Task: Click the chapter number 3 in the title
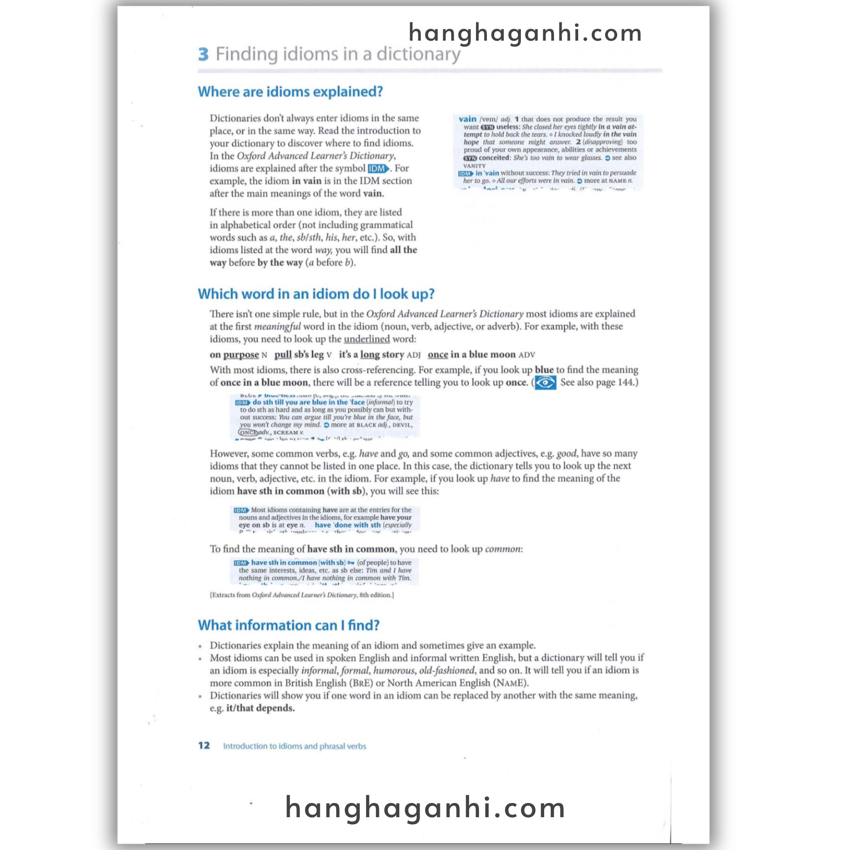[x=203, y=54]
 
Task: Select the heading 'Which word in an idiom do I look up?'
[x=316, y=294]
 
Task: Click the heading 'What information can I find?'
[x=288, y=625]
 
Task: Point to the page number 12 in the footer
[x=204, y=745]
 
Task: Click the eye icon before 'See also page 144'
[x=545, y=383]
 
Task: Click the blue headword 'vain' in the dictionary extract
[x=467, y=119]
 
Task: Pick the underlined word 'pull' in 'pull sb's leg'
[x=283, y=354]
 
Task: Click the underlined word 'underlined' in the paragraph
[x=366, y=339]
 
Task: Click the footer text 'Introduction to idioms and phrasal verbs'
[x=294, y=746]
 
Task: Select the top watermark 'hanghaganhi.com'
[x=525, y=33]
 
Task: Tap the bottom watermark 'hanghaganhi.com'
[x=425, y=808]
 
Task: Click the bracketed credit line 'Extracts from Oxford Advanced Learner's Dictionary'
[x=302, y=595]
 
